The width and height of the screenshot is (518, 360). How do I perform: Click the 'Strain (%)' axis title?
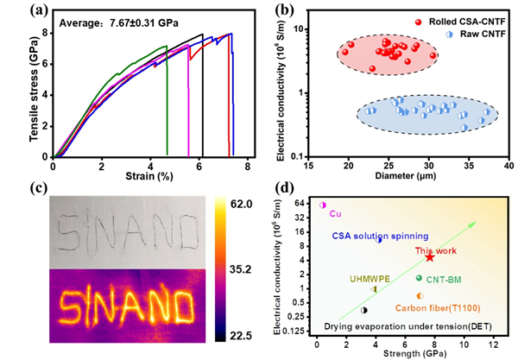coord(152,179)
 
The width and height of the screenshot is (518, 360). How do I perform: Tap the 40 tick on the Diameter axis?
coord(508,164)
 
